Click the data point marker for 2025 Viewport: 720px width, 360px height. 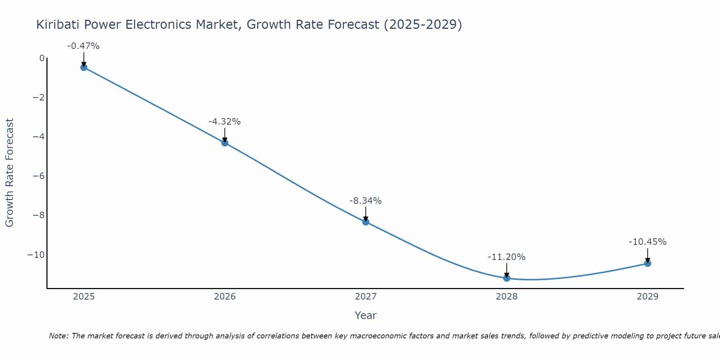[x=84, y=67]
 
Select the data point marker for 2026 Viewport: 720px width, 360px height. [x=225, y=143]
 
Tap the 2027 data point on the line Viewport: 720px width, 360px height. [x=366, y=222]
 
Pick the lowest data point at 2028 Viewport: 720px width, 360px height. [x=507, y=278]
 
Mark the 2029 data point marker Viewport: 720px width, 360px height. [x=648, y=264]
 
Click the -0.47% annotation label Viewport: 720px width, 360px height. [x=83, y=46]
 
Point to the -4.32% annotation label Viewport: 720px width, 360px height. [x=224, y=122]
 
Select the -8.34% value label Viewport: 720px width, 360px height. [x=365, y=201]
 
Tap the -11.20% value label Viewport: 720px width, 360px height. [x=507, y=257]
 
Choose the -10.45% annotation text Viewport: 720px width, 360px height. [x=648, y=242]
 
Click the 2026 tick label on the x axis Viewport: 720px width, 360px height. [x=225, y=297]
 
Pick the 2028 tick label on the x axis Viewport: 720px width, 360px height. [x=507, y=297]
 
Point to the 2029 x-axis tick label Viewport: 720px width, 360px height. [x=648, y=297]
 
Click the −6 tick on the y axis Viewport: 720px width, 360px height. [x=39, y=176]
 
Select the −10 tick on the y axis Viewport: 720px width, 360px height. [x=36, y=255]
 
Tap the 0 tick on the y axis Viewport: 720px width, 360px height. [x=42, y=58]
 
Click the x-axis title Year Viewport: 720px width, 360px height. [x=366, y=315]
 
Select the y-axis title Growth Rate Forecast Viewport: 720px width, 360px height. [x=9, y=172]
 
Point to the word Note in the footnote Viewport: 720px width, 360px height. [x=58, y=336]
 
